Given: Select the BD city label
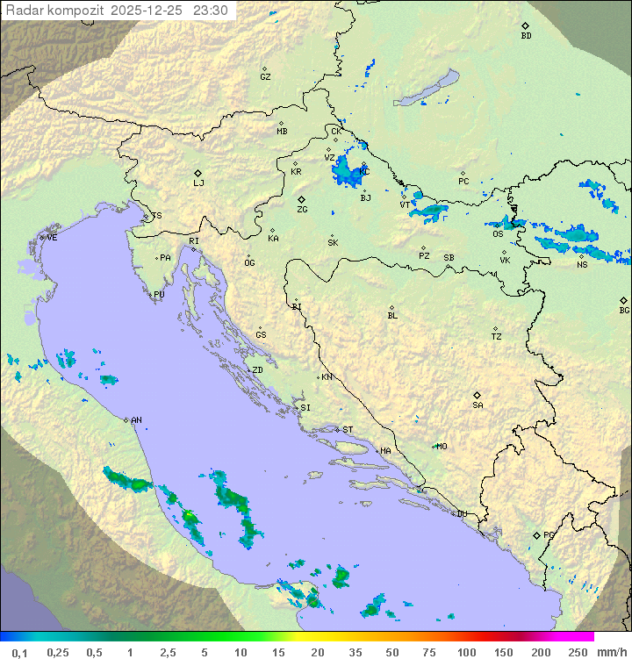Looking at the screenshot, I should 526,36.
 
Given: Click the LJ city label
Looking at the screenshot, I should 198,183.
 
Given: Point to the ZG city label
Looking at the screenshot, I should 302,210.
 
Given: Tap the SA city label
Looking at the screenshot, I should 478,405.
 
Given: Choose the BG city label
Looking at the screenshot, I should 624,310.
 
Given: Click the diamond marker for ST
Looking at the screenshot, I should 338,429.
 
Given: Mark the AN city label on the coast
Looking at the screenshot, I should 136,420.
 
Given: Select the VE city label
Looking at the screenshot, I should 52,238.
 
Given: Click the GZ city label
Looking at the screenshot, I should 265,77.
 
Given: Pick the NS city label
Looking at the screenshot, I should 582,265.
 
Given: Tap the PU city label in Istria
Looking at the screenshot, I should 159,295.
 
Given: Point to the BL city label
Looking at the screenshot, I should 392,315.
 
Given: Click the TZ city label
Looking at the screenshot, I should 497,336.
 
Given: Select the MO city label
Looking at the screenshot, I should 442,446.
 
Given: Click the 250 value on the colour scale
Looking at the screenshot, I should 578,652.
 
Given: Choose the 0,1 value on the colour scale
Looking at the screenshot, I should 19,652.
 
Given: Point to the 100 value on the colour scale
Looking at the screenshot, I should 466,652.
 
